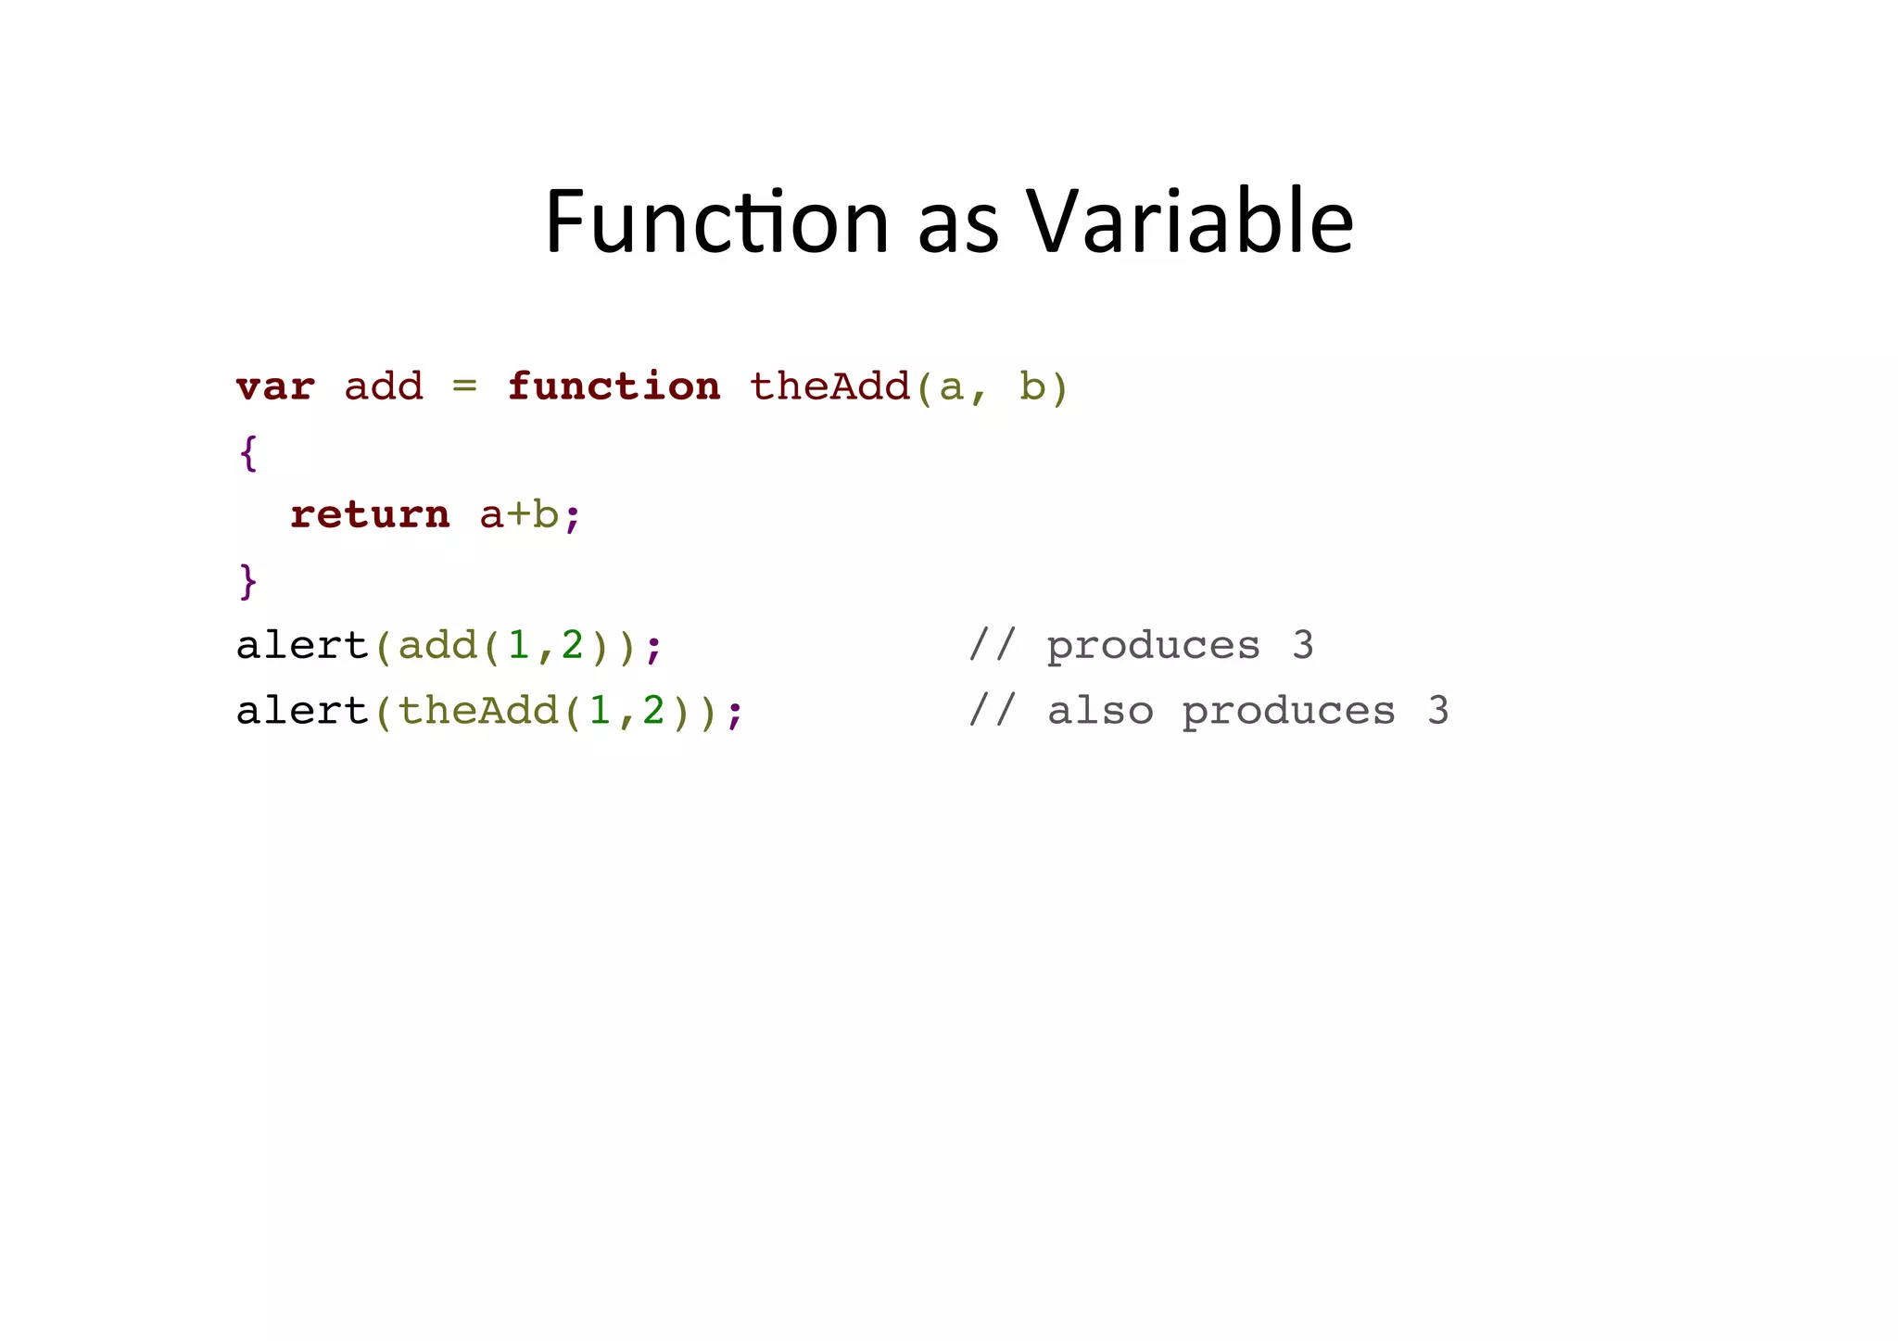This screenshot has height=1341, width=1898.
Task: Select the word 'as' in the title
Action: coord(958,227)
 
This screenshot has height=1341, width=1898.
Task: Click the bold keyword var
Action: coord(275,386)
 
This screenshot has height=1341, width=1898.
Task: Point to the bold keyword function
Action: coord(614,386)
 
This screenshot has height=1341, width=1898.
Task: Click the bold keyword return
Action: coord(370,514)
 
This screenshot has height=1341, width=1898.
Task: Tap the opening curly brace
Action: coord(248,452)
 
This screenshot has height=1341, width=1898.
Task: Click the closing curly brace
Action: coord(248,581)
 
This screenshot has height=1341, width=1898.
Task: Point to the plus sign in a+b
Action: coord(519,515)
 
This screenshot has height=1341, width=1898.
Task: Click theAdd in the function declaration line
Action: coord(829,386)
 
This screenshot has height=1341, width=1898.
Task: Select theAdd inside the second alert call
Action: coord(478,711)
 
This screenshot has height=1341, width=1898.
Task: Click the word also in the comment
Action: coord(1100,711)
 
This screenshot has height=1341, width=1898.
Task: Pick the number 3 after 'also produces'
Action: coord(1437,711)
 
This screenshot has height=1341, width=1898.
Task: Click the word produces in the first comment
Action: coord(1154,646)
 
